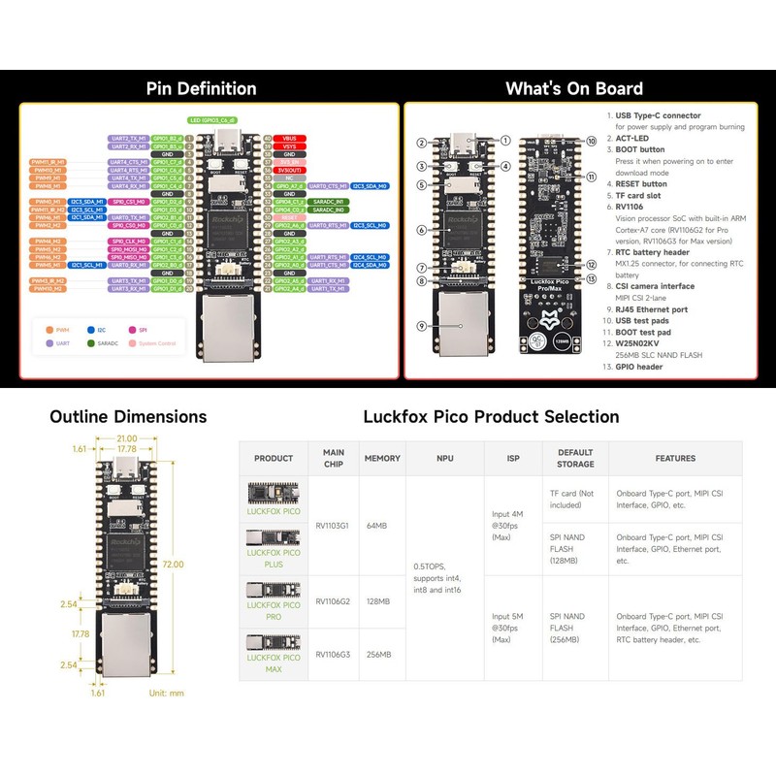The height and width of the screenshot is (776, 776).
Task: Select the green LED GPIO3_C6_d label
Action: coord(211,120)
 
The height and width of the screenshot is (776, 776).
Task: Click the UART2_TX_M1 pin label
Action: coord(129,139)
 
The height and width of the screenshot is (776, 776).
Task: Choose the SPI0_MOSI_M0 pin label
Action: coord(129,248)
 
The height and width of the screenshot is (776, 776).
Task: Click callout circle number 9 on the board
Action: coord(422,326)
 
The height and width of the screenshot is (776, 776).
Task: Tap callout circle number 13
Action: coord(591,279)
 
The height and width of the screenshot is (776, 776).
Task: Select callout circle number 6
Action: coord(422,230)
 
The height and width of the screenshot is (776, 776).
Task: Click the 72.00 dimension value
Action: coord(174,564)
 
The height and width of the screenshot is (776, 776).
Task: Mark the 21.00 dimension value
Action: coord(128,437)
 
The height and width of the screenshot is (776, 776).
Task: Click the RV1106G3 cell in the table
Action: coord(334,655)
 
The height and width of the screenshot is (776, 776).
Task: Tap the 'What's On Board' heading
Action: coord(573,89)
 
